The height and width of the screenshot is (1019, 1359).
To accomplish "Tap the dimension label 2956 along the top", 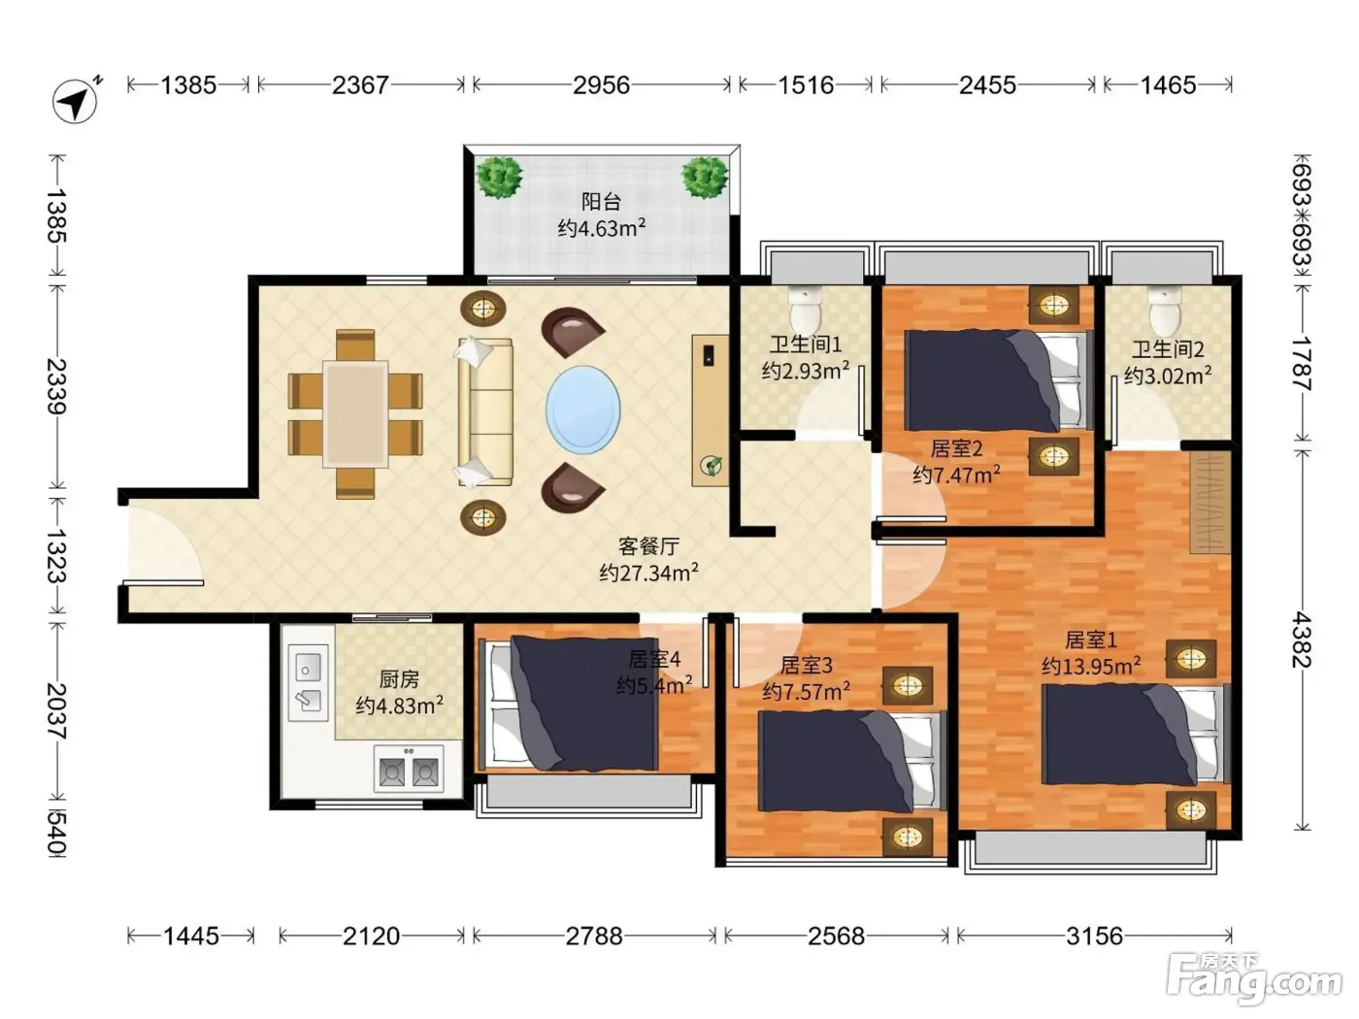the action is pos(601,84).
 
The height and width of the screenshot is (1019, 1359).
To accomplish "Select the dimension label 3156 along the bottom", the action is pos(1094,937).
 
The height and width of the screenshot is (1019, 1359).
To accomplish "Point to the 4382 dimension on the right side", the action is pos(1302,640).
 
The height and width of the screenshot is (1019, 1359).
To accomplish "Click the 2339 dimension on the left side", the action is pos(57,386).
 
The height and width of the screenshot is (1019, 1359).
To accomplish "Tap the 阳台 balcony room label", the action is pos(601,201).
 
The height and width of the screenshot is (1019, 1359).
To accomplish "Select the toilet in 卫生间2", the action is pos(1165,312).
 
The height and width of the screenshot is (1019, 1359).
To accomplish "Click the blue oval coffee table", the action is pos(582,410).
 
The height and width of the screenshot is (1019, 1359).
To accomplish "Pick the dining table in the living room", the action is pos(355,413).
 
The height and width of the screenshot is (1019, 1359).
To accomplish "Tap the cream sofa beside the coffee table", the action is pos(484,411).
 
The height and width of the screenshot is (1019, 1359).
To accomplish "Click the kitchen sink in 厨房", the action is pos(308,683).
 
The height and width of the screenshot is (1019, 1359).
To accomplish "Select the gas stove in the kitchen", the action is pos(409,770).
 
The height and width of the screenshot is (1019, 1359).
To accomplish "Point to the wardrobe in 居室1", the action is pos(1210,503).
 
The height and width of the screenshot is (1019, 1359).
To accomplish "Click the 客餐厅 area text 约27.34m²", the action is pos(648,573).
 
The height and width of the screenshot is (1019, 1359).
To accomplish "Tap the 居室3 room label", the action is pos(806,665).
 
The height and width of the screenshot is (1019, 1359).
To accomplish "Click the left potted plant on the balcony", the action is pos(499,177).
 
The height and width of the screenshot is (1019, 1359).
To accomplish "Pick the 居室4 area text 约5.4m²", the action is pos(654,685).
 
